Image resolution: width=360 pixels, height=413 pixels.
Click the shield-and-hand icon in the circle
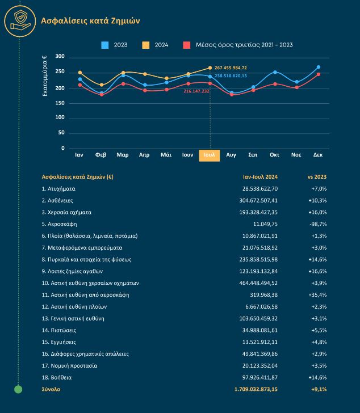20,21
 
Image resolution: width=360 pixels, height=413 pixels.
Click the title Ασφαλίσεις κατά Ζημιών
90,21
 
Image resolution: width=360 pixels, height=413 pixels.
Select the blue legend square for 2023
105,45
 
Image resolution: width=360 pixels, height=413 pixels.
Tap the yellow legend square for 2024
146,45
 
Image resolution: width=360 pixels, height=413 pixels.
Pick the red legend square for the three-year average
187,45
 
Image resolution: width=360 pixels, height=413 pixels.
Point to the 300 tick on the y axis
60,56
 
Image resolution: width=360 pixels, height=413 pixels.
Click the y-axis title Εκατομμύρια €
45,75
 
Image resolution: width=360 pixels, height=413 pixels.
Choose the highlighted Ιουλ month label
210,155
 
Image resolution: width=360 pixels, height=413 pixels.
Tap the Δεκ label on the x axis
318,155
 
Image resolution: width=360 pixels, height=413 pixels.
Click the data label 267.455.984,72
231,68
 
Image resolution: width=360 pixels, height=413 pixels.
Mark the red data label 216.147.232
196,91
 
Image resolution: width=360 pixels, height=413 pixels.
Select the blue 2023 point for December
319,67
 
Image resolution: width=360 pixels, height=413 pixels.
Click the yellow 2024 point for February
102,85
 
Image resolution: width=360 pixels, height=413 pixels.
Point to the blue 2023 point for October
275,72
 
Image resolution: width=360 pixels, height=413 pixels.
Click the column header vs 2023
317,177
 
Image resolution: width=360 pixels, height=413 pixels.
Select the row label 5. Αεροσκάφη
59,224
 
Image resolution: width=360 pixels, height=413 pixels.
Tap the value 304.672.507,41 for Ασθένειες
258,200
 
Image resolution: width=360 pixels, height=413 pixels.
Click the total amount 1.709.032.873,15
256,389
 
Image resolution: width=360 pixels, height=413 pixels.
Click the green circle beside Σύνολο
18,389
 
